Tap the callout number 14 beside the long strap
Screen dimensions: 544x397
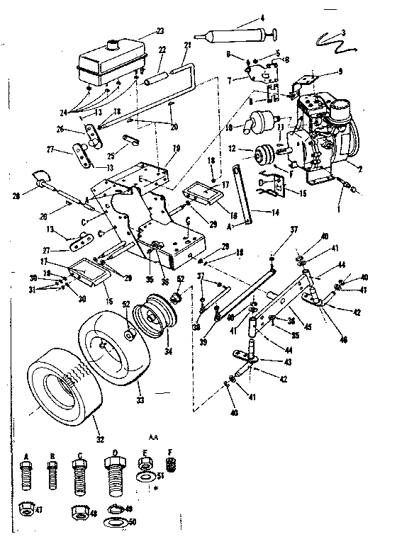tap(275, 211)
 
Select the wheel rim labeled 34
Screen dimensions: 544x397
tap(157, 323)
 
